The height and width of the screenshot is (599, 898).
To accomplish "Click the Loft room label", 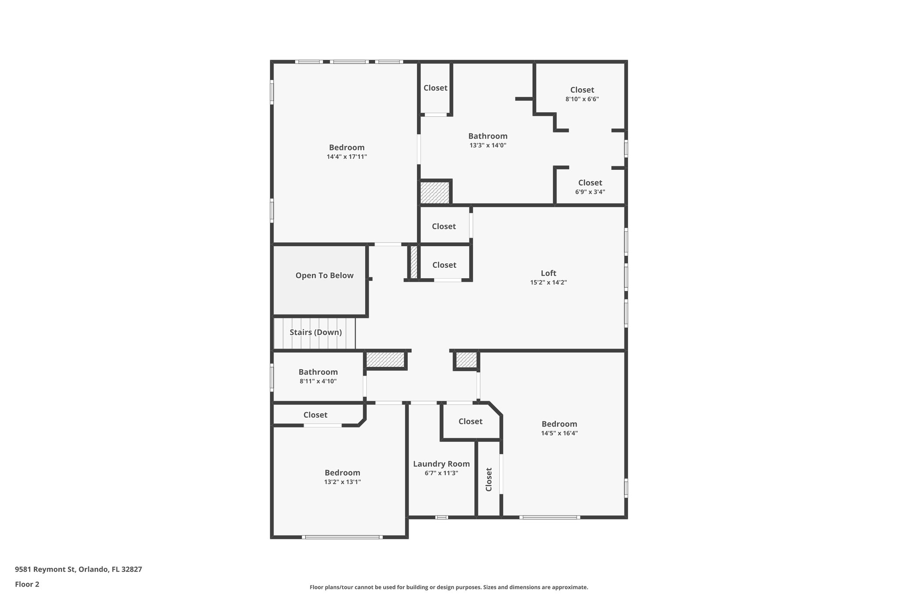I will coord(549,273).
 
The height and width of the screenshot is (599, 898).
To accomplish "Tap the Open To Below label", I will coord(324,276).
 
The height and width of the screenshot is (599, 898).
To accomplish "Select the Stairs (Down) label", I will coord(316,332).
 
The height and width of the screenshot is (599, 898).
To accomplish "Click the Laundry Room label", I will coord(441,464).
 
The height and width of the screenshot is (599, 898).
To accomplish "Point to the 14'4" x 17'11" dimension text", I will coord(346,157).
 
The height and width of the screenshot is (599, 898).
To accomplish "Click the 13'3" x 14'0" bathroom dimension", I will coord(488,145).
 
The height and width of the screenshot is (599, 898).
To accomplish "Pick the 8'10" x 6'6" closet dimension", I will coord(582,99).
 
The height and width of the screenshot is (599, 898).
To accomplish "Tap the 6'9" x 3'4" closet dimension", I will coord(590,192).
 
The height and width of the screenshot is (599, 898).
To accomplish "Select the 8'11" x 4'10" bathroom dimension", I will coord(318,381).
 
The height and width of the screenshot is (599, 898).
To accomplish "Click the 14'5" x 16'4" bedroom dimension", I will coord(559,433).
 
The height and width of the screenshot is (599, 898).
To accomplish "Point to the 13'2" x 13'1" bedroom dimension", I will coord(342,482).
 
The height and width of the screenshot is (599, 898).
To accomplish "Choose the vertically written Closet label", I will coord(489,479).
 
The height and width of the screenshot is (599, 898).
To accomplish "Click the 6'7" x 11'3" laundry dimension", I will coord(441,473).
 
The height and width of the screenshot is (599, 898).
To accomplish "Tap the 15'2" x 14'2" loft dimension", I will coord(549,283).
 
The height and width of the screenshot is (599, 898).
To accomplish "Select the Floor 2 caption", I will coord(27,584).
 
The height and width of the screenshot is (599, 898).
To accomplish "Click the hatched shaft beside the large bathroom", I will coord(435,193).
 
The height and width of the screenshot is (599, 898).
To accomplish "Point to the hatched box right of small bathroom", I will coord(385,360).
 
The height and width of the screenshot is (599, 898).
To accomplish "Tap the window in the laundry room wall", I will coord(441,517).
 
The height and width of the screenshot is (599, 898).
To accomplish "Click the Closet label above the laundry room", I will coord(470,421).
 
